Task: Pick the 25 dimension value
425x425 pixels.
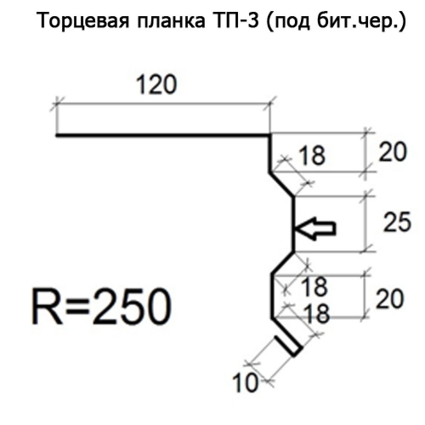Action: pos(397,223)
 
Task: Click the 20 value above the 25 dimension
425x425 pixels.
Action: pos(392,152)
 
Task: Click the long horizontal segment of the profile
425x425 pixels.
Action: pos(161,136)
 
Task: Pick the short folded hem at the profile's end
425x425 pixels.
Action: pos(288,345)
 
